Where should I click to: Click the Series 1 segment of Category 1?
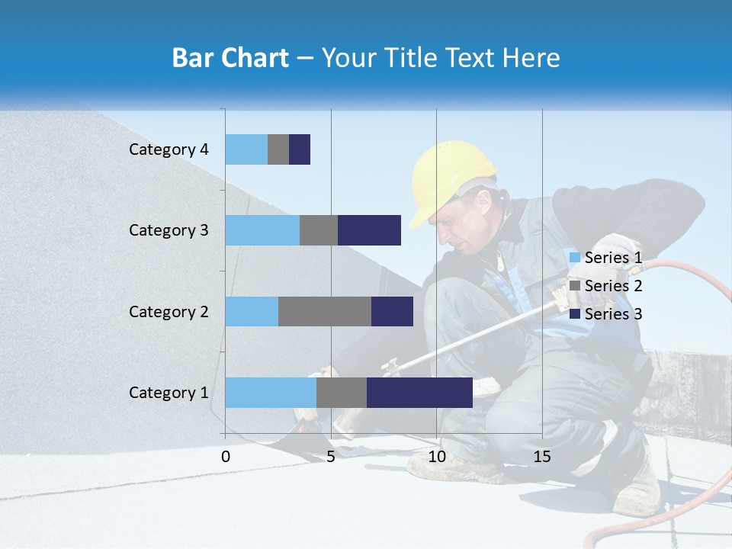271,393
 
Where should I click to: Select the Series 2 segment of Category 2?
325,311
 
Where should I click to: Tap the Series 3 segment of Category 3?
369,230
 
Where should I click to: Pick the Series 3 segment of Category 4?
300,149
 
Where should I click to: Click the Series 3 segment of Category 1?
419,393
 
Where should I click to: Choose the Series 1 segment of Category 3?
262,230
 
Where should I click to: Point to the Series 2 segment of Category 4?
278,149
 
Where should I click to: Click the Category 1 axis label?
169,393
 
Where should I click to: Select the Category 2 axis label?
169,311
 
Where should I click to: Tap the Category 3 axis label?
169,230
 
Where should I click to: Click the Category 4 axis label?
169,149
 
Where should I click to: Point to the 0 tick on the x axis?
226,457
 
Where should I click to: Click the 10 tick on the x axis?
436,457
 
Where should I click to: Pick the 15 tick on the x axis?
542,457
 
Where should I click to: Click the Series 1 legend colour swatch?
574,258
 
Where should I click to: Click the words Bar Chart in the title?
230,58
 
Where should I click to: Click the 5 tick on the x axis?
331,457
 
